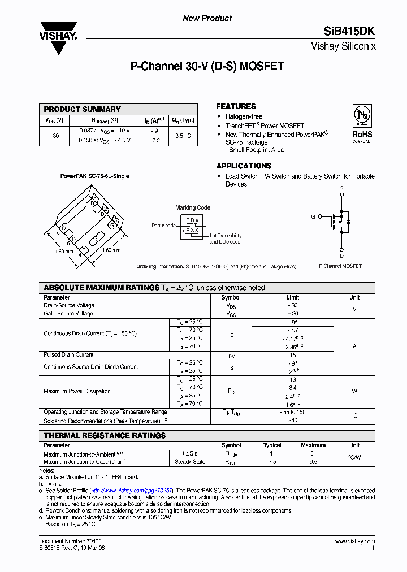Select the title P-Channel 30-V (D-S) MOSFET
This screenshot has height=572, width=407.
click(x=207, y=66)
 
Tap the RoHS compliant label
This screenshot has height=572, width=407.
click(x=362, y=136)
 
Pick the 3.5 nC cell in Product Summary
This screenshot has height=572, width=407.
click(x=183, y=136)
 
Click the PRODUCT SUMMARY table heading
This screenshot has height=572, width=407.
click(x=83, y=109)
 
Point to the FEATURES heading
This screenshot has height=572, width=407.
click(x=236, y=106)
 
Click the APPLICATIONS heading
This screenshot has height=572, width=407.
click(x=244, y=166)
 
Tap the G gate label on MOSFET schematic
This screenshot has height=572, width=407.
click(x=313, y=216)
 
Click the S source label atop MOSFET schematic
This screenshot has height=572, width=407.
click(x=341, y=188)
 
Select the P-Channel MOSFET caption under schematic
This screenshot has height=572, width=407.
click(x=340, y=266)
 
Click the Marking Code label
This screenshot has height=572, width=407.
click(x=193, y=207)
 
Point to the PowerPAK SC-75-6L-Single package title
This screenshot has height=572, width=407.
click(x=94, y=176)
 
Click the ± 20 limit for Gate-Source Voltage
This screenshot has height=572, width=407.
click(x=292, y=314)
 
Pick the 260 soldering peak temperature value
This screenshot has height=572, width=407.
click(x=292, y=421)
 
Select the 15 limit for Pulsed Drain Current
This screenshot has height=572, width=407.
click(x=292, y=355)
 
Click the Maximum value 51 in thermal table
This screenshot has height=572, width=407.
click(x=313, y=453)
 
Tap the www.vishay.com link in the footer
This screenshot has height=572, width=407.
click(x=357, y=541)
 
